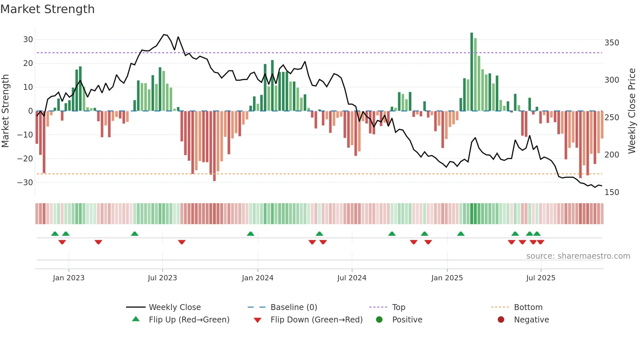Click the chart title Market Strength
click(x=47, y=9)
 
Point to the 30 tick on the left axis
click(x=28, y=40)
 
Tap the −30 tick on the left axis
click(x=25, y=182)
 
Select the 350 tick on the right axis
click(x=612, y=43)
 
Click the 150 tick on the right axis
click(x=612, y=192)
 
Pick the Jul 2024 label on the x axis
click(x=352, y=278)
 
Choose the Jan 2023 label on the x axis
click(x=69, y=278)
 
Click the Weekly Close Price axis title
click(x=632, y=111)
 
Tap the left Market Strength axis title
click(x=5, y=111)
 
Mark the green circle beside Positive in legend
click(x=379, y=319)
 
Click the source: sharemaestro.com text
click(x=578, y=256)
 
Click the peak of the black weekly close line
click(x=164, y=34)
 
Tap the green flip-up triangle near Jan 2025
click(x=461, y=234)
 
